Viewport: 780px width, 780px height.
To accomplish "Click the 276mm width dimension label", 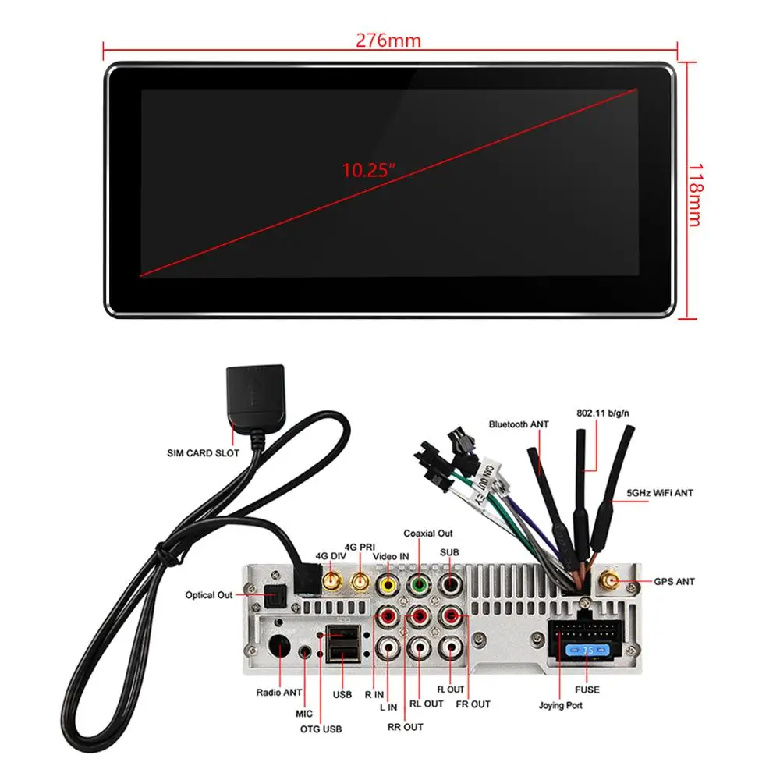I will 388,41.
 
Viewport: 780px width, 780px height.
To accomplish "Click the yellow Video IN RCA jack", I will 386,583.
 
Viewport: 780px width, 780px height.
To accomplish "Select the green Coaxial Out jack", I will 420,583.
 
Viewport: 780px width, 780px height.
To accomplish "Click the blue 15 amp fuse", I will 587,650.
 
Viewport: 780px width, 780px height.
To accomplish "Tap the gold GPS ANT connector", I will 608,582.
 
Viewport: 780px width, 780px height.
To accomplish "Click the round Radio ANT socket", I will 278,647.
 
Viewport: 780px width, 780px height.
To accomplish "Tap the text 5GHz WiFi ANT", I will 660,493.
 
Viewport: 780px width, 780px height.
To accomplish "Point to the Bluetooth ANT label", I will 519,424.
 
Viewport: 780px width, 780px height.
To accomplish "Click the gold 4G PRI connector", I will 360,582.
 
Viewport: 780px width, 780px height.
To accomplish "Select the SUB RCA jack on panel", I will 452,583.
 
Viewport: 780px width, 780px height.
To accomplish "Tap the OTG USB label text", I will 321,729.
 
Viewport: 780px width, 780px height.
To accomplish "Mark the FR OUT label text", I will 473,704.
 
